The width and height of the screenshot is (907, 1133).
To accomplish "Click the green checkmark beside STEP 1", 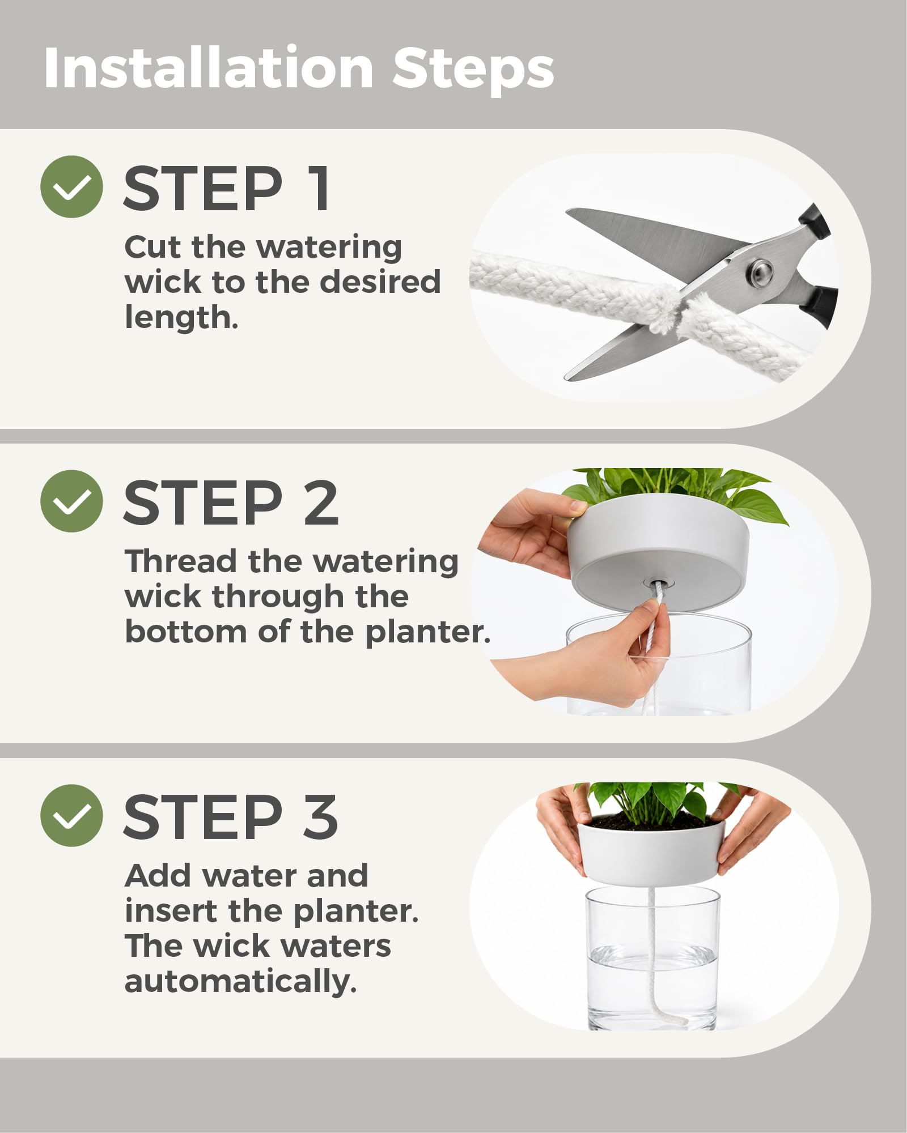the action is (x=71, y=187).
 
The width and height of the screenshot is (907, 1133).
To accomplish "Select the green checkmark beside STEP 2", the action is (x=71, y=501).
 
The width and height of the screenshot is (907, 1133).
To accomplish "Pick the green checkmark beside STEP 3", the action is (x=71, y=815).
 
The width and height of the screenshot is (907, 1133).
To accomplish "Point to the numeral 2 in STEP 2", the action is (x=321, y=502).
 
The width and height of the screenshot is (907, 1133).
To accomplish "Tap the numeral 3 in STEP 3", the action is (x=321, y=817).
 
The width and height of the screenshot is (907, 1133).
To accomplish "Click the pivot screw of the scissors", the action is (x=759, y=272).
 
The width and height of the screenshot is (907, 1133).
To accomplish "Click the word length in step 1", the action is (x=181, y=317).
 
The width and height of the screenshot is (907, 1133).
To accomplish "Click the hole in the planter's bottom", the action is (x=659, y=583).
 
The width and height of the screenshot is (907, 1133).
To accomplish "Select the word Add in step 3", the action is (x=159, y=876).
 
